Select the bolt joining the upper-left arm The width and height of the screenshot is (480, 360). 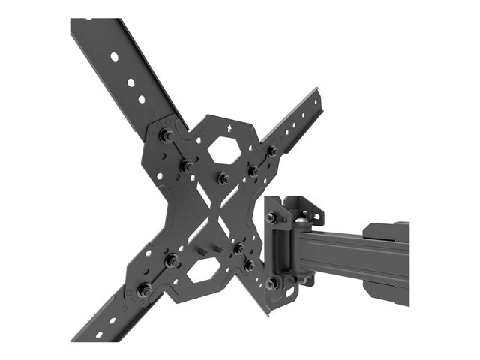pyautogui.click(x=166, y=136)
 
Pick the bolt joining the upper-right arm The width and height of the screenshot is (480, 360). pyautogui.click(x=271, y=151)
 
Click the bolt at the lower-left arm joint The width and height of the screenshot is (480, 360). pyautogui.click(x=145, y=288)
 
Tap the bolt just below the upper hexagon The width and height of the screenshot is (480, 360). pyautogui.click(x=223, y=178)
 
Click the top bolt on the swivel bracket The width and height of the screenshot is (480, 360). pyautogui.click(x=271, y=217)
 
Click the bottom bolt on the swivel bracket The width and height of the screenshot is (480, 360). pyautogui.click(x=271, y=283)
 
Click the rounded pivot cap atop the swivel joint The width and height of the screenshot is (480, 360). pyautogui.click(x=300, y=217)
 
